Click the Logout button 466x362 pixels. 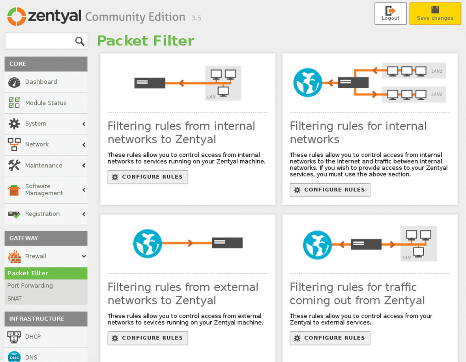pos(390,13)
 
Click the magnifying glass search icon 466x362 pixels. pos(80,41)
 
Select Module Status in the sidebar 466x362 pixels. pos(46,103)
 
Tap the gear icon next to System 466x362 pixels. pos(14,124)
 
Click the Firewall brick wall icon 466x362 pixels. pos(14,257)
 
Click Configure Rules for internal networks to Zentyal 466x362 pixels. pos(148,177)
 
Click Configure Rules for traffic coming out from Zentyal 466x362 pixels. pos(330,338)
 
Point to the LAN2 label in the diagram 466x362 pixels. pos(436,94)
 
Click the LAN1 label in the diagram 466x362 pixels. pos(436,71)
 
